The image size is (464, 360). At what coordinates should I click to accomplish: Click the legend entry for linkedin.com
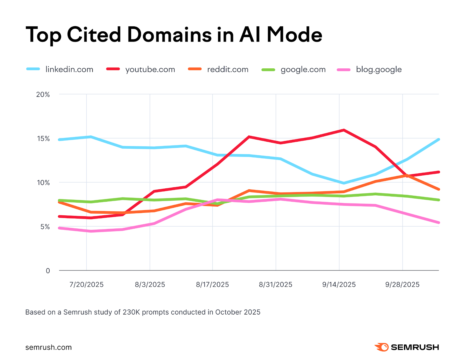pos(69,70)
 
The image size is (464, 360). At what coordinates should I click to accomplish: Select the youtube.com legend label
pos(150,70)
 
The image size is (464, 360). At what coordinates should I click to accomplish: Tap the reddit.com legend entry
pos(228,70)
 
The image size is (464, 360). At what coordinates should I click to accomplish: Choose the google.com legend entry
pos(303,70)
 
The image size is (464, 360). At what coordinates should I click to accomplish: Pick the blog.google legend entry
pos(379,70)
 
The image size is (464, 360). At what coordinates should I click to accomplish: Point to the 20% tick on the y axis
pos(43,94)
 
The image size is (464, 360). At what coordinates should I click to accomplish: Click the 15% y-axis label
pos(43,139)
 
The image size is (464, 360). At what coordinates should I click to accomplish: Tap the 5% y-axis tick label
pos(45,227)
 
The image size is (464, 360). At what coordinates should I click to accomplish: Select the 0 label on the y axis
pos(48,271)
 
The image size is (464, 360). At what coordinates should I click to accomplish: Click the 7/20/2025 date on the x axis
pos(86,285)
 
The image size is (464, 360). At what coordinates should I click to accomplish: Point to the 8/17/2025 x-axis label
pos(212,285)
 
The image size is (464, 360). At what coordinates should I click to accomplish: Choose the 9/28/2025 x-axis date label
pos(402,285)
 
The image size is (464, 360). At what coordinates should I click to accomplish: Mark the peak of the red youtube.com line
pos(344,130)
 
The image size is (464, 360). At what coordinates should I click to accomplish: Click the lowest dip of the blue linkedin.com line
pos(344,183)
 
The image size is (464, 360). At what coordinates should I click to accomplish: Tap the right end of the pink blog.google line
pos(438,223)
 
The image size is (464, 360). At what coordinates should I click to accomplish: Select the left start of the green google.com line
pos(59,200)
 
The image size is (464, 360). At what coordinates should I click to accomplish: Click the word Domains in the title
pos(170,35)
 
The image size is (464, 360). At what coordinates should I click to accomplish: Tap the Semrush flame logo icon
pos(382,347)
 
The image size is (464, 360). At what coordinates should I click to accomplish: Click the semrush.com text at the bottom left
pos(48,347)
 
